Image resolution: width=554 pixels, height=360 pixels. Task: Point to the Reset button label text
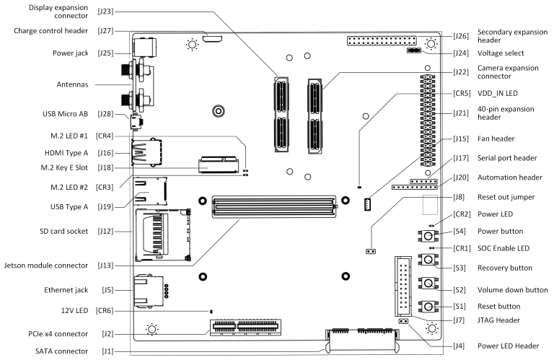click(498, 307)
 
